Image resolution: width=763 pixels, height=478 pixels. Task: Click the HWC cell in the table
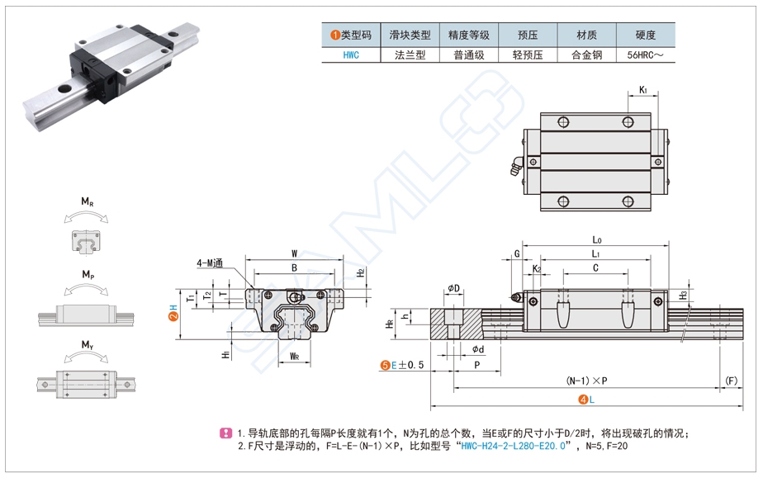pos(350,55)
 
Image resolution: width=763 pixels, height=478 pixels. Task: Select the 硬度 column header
pos(646,35)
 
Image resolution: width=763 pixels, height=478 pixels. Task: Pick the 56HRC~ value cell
pos(646,55)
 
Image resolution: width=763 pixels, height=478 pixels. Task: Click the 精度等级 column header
pos(469,35)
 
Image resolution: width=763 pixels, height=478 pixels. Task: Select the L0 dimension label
pos(596,240)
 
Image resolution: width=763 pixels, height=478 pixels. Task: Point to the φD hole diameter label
pos(454,287)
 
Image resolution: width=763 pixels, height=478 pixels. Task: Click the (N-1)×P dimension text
pos(586,381)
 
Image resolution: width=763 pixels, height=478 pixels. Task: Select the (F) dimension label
pos(730,381)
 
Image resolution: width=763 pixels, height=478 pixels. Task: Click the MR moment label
pos(86,201)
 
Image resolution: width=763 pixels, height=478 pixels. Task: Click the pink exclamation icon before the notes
pos(226,433)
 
